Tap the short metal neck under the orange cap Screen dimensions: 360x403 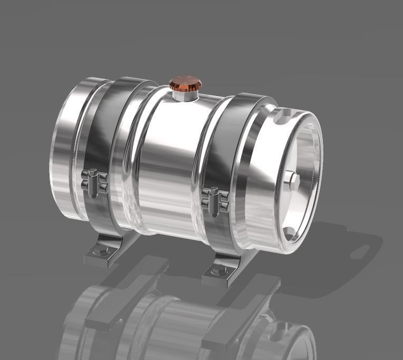[x=184, y=96]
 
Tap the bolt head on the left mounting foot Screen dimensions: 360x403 [x=98, y=252]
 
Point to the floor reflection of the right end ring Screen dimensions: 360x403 [x=285, y=338]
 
